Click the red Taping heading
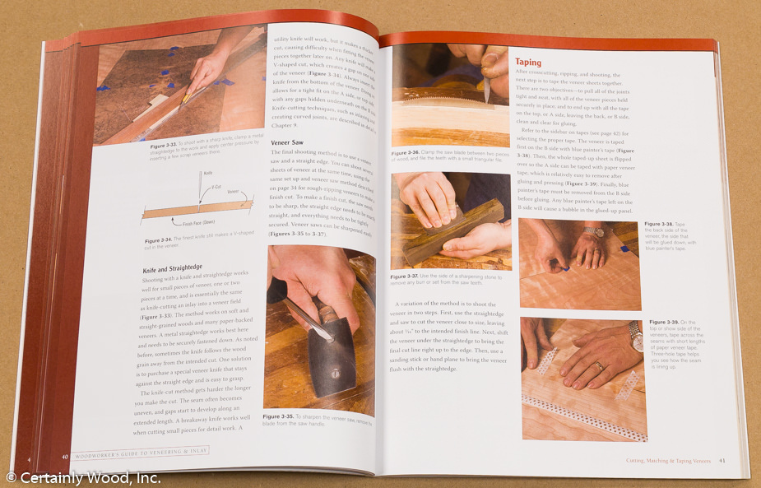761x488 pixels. click(x=528, y=62)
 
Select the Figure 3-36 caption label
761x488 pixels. click(x=406, y=153)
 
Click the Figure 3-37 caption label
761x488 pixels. click(x=406, y=277)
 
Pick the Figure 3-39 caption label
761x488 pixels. click(x=664, y=322)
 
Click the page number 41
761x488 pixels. click(x=721, y=460)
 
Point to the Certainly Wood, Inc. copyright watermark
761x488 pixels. click(x=82, y=477)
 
